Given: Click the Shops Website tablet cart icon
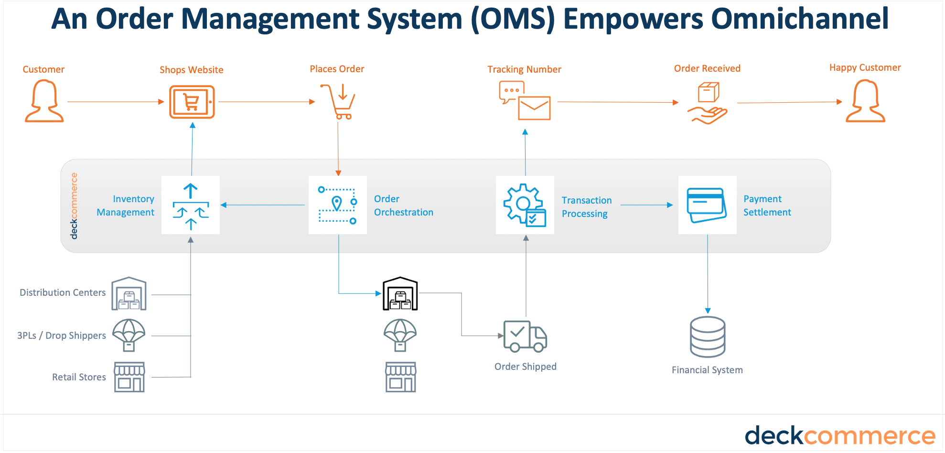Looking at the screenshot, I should [x=192, y=102].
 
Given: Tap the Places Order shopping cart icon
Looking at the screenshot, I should [x=338, y=102].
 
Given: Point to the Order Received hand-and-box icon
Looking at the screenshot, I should [x=708, y=103].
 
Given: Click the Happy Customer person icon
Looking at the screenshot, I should [x=865, y=101].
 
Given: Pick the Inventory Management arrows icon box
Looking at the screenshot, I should [x=191, y=205].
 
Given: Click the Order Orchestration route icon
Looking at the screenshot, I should [x=338, y=205].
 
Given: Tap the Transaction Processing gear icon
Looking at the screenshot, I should [x=525, y=205].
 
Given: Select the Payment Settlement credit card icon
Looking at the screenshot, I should [x=707, y=205].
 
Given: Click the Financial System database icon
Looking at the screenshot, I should [x=708, y=337].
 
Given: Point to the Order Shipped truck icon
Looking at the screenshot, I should [x=525, y=336].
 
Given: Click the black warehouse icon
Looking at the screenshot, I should [x=400, y=293].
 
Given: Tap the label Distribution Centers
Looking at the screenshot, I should [x=63, y=292].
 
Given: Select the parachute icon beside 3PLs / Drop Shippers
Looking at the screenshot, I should [x=129, y=335].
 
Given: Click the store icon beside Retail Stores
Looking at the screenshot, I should [x=129, y=377].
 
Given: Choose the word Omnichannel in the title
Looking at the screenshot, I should [x=800, y=19].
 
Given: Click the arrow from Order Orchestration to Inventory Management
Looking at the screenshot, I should [x=263, y=205].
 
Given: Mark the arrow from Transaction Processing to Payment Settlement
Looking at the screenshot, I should [x=646, y=205].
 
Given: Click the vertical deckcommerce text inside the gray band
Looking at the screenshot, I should [x=74, y=206].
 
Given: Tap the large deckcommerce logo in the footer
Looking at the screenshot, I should [x=839, y=435].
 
